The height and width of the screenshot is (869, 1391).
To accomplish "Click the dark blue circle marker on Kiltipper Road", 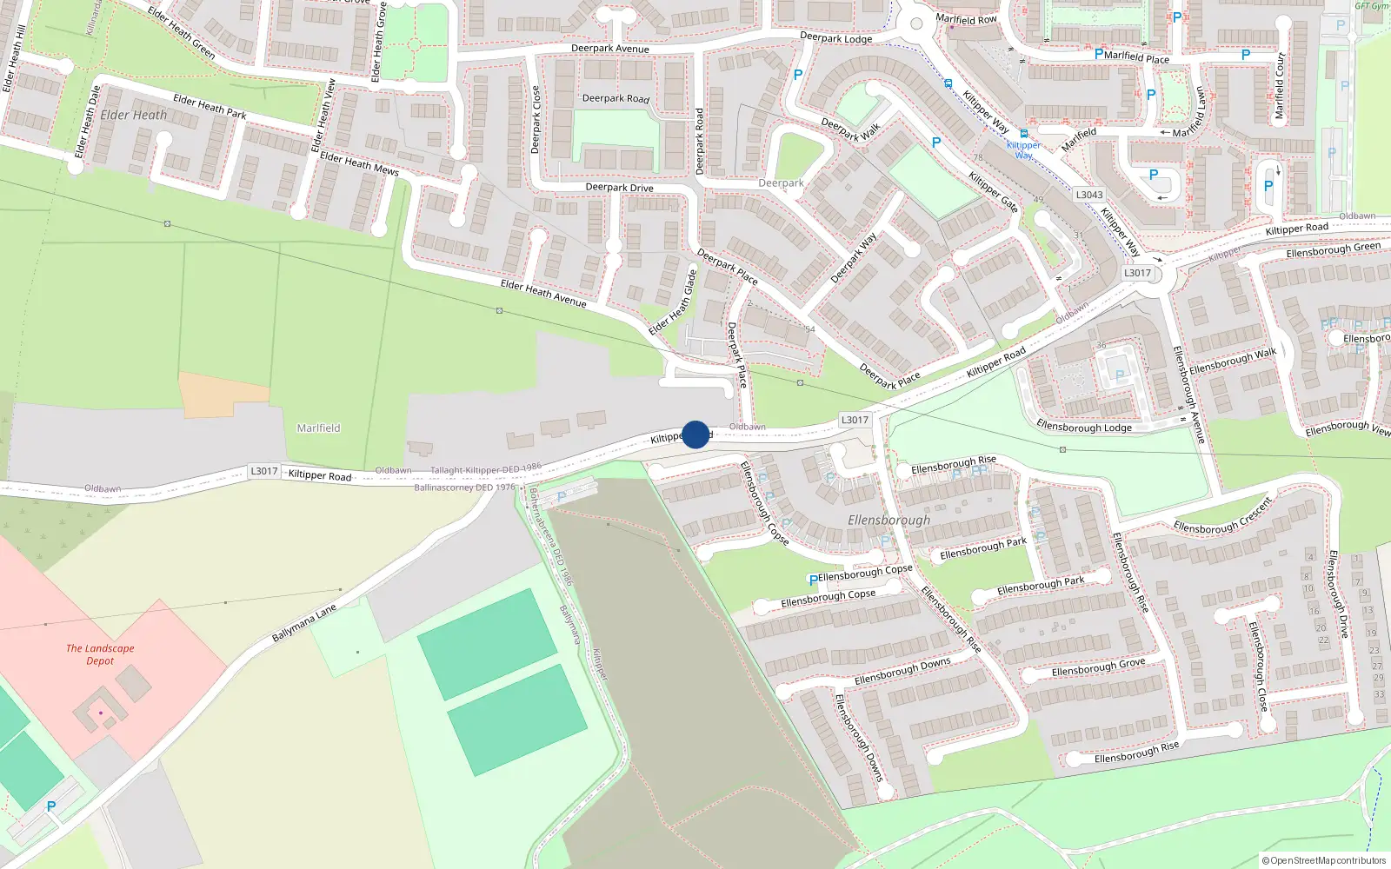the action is click(695, 434).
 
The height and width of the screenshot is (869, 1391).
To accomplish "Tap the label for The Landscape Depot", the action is click(100, 654).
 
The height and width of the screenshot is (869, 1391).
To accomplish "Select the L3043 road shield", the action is click(1088, 195).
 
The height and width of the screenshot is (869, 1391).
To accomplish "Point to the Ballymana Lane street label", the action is click(303, 624).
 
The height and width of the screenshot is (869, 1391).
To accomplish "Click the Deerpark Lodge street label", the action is click(835, 38).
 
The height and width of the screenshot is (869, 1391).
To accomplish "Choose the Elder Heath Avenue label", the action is click(542, 292).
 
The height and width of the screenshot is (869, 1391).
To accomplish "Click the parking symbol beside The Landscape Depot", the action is click(50, 807).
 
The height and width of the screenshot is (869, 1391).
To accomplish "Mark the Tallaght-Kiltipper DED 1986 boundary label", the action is click(485, 469).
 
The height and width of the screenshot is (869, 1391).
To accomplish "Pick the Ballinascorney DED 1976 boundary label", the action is click(464, 488).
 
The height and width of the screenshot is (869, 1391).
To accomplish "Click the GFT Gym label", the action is click(1371, 6).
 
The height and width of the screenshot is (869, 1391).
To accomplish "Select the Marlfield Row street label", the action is click(966, 19).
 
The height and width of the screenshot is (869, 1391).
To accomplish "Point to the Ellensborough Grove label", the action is click(1098, 667).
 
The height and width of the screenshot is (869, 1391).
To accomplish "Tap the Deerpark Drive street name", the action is click(619, 187).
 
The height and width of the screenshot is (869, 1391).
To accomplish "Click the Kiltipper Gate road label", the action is click(993, 191).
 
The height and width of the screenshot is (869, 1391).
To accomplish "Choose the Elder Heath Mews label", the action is click(359, 163).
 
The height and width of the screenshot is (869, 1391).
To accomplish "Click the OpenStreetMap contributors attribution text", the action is click(1324, 860).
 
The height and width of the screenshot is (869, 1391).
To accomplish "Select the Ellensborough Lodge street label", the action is click(1084, 426).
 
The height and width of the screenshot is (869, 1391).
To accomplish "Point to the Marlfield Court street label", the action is click(1279, 85).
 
